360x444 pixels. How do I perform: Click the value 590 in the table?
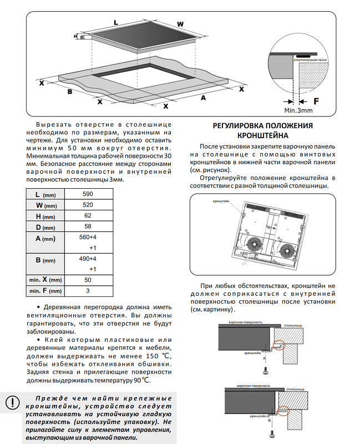click(88, 194)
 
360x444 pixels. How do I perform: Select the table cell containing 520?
click(88, 205)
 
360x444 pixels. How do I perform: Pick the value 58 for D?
click(88, 227)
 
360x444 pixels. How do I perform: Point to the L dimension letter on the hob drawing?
click(116, 22)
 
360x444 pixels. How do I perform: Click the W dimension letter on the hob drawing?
click(180, 24)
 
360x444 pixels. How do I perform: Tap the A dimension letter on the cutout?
click(203, 98)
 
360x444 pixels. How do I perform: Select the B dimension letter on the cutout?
click(70, 92)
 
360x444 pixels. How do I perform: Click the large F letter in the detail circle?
click(316, 102)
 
